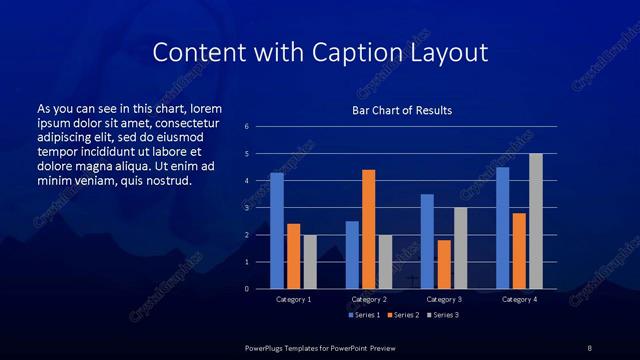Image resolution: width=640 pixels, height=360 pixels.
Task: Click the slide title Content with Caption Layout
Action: point(319,51)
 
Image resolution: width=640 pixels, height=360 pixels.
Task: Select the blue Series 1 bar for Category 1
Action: point(277,231)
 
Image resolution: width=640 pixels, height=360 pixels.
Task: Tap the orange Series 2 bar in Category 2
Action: point(369,229)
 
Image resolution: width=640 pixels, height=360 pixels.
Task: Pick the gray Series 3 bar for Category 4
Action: point(536,221)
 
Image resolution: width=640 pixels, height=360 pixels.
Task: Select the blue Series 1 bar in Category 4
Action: point(502,228)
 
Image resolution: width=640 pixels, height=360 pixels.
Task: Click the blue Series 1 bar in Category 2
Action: point(352,255)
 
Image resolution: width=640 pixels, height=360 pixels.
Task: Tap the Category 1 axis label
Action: point(294,299)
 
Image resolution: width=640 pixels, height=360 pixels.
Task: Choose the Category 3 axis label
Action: point(444,299)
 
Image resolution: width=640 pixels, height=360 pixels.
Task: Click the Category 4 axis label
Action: point(519,299)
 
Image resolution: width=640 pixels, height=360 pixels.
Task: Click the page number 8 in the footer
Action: point(590,347)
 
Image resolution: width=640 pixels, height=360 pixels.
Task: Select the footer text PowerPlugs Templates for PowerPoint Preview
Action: point(320,347)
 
